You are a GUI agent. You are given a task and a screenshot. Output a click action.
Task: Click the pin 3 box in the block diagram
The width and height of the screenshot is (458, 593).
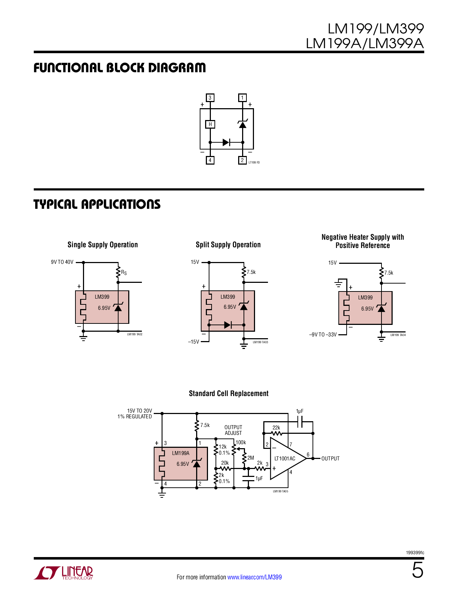pyautogui.click(x=210, y=98)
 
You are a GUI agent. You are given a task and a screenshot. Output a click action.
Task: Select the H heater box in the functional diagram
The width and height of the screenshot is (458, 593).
pyautogui.click(x=210, y=124)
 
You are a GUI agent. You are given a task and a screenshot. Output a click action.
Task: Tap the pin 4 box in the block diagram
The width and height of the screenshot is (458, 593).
pyautogui.click(x=210, y=160)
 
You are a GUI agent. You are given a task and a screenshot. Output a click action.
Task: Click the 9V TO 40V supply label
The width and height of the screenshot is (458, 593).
pyautogui.click(x=62, y=262)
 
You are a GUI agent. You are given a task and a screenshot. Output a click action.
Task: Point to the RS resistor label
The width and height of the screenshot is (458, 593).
pyautogui.click(x=124, y=272)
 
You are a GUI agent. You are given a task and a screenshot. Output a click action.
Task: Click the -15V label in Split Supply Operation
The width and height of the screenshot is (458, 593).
pyautogui.click(x=194, y=342)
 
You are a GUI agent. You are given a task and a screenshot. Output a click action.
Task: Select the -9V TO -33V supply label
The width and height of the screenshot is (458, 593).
pyautogui.click(x=323, y=335)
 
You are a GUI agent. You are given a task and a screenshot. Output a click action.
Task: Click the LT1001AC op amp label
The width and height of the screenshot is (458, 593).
pyautogui.click(x=285, y=459)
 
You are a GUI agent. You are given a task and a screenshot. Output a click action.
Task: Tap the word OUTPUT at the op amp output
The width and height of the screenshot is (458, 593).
pyautogui.click(x=330, y=459)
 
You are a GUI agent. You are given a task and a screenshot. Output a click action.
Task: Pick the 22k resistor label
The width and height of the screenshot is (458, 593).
pyautogui.click(x=276, y=428)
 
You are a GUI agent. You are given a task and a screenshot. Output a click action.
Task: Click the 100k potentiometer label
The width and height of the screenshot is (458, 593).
pyautogui.click(x=241, y=442)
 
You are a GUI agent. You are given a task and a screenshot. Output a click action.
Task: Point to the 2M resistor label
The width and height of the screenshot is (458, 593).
pyautogui.click(x=251, y=458)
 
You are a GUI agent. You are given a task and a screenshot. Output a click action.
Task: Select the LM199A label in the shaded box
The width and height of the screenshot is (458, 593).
pyautogui.click(x=181, y=453)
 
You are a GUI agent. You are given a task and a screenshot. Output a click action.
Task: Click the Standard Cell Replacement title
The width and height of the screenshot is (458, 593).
pyautogui.click(x=228, y=394)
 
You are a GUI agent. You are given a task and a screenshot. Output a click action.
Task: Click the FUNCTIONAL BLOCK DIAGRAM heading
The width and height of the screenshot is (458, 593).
pyautogui.click(x=120, y=68)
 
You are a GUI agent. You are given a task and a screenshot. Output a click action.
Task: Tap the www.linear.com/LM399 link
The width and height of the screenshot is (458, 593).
pyautogui.click(x=254, y=577)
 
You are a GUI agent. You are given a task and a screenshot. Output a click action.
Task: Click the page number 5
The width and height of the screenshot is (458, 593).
pyautogui.click(x=417, y=570)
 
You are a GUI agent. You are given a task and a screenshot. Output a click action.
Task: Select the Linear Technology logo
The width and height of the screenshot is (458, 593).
pyautogui.click(x=64, y=573)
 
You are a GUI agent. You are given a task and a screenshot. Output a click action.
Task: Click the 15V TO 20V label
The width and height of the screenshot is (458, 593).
pyautogui.click(x=139, y=411)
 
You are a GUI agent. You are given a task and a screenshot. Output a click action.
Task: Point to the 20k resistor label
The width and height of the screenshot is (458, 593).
pyautogui.click(x=225, y=463)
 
